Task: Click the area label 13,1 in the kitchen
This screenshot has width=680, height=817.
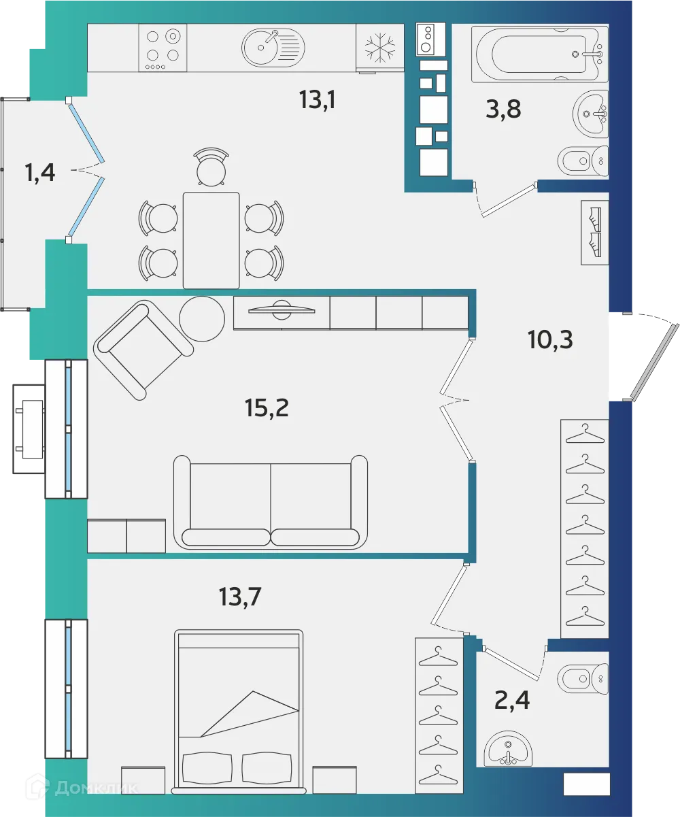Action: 318,100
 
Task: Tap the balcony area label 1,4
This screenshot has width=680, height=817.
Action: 39,173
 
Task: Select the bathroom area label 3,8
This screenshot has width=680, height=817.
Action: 503,108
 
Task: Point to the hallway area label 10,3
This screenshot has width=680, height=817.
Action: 550,338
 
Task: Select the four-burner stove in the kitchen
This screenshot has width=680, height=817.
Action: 163,48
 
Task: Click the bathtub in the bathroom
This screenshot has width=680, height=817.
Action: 541,54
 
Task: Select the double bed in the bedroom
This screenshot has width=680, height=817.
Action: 239,711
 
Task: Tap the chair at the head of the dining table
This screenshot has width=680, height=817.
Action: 211,167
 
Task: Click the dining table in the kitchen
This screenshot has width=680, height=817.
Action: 211,240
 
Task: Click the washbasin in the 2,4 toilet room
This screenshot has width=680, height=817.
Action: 509,748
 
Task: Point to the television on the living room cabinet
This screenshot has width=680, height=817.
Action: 282,310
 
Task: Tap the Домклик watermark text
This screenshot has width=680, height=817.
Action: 95,788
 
